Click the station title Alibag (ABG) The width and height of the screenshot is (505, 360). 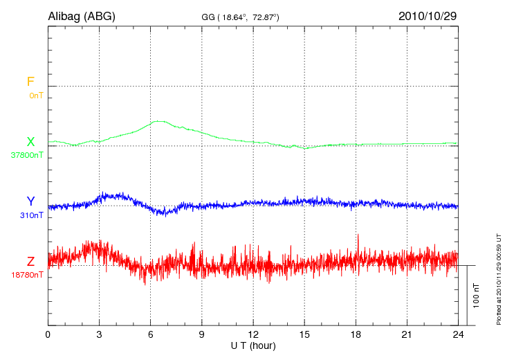coord(81,15)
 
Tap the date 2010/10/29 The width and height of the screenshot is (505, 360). coord(428,15)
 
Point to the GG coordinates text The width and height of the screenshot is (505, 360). coord(240,16)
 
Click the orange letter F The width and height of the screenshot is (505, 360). coord(30,82)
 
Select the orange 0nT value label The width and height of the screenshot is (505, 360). coord(35,95)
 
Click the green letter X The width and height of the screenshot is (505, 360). coord(30,142)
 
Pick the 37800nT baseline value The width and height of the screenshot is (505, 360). coord(27,155)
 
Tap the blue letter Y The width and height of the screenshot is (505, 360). coord(30,201)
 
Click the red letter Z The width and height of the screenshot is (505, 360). coord(30,262)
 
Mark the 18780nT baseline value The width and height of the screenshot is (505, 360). coord(27,275)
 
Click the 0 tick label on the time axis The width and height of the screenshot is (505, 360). coord(48,334)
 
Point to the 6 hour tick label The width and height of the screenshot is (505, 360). coord(151,334)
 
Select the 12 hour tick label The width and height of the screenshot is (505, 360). coord(253,334)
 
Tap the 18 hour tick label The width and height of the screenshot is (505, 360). coord(356,334)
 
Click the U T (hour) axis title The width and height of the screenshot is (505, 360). coord(253,345)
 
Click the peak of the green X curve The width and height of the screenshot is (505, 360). coord(158,121)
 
